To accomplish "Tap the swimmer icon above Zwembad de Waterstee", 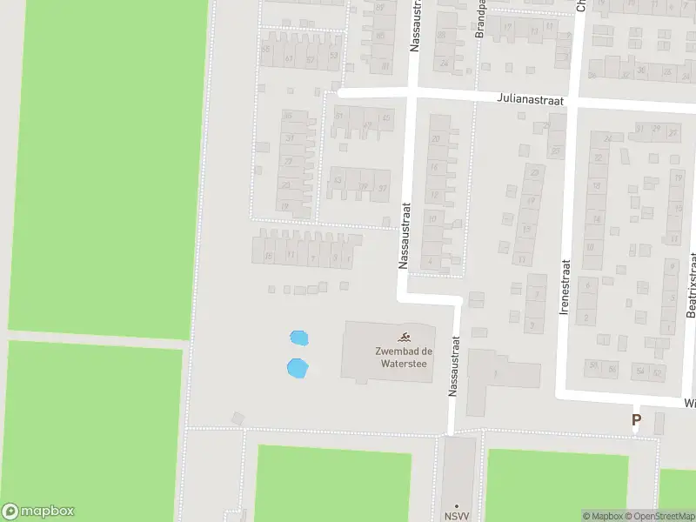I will point(405,337).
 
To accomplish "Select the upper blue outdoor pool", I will point(298,337).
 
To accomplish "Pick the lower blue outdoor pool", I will point(298,368).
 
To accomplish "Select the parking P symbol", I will point(636,419).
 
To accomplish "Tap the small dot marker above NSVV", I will point(456,505).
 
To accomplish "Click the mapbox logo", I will point(38,512).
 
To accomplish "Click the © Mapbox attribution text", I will point(603,516).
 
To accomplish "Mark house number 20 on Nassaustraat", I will point(435,138).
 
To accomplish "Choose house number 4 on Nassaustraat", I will point(431,260).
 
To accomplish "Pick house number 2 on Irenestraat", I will point(586,318).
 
